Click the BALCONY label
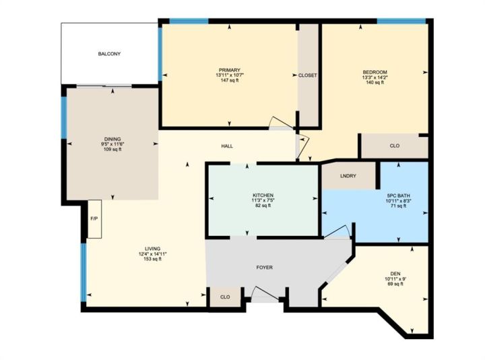coord(109,54)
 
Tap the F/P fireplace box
coord(95,219)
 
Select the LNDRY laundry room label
coord(348,176)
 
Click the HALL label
coord(227,146)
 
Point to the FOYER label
coord(265,268)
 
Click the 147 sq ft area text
coord(230,80)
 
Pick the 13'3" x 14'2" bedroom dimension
coord(375,78)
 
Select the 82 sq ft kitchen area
coord(263,205)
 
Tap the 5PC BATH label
coord(398,196)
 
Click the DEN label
coord(395,274)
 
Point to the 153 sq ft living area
coord(152,259)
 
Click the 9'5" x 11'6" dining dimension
coord(112,144)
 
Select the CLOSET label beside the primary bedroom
coord(308,76)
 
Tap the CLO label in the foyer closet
coord(225,297)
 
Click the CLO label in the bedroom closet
coord(395,146)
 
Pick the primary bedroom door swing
coord(281,123)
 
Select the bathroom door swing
coord(337,232)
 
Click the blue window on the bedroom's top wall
coord(401,21)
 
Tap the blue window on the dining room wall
coord(64,117)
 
